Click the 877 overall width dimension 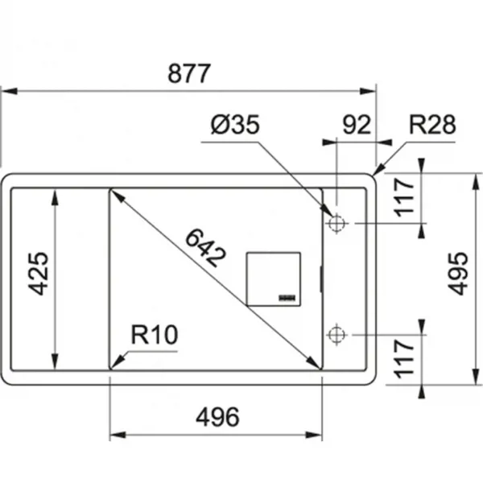189,73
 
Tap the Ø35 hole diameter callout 235,125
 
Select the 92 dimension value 357,125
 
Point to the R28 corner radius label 432,125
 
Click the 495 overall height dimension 458,274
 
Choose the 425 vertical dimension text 38,274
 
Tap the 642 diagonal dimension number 206,248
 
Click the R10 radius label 155,335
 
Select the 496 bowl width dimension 217,417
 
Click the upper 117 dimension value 404,198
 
